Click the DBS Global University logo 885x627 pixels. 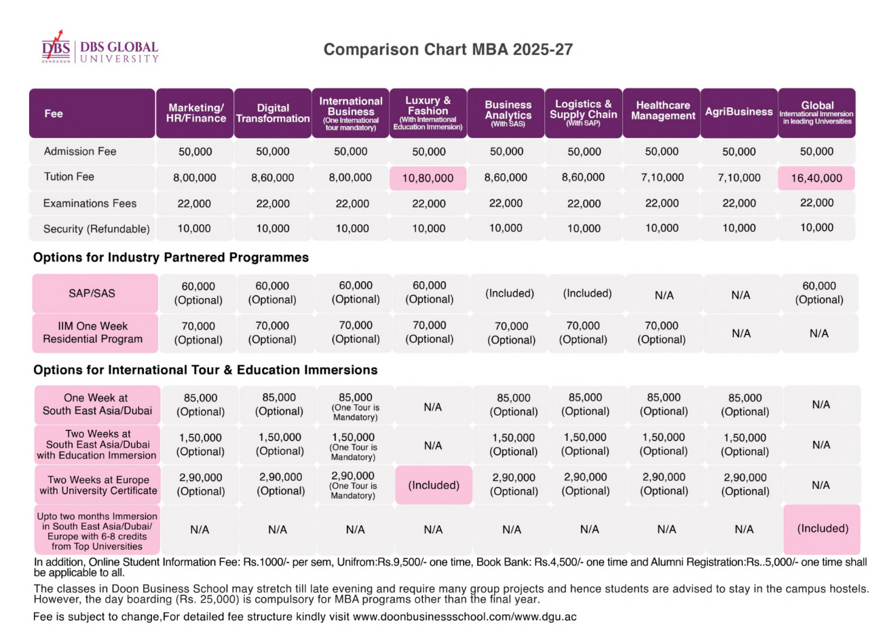(100, 48)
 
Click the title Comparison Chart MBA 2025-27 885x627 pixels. (448, 50)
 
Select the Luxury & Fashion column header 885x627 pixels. (428, 113)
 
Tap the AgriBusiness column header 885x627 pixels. (739, 113)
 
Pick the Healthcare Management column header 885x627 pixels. (662, 113)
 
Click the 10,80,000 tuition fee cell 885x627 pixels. (428, 178)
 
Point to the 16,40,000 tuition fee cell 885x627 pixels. (816, 178)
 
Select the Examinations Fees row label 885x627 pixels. (90, 203)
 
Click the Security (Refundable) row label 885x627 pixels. (96, 229)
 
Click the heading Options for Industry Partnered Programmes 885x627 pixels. (170, 257)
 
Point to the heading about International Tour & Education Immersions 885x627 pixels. (206, 370)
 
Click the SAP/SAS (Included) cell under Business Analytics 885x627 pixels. (509, 293)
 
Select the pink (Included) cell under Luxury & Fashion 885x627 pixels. (434, 485)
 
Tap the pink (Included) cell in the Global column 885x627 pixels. (822, 529)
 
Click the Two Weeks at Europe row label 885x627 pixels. (98, 485)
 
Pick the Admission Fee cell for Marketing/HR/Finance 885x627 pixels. (195, 151)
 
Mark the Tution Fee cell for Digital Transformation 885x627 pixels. (273, 178)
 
